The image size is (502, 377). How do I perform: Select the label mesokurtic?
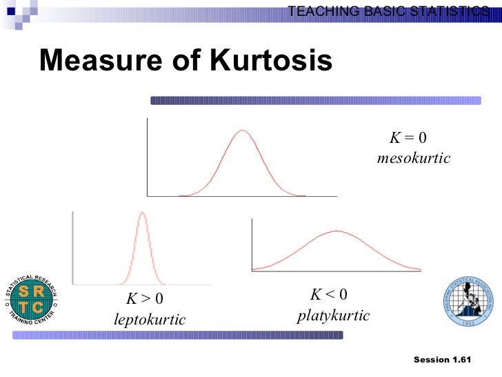[414, 159]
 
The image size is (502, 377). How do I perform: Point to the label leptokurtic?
[150, 320]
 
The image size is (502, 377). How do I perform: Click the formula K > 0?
[144, 300]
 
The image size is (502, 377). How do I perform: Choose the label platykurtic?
[334, 316]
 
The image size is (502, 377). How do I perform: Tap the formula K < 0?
[329, 296]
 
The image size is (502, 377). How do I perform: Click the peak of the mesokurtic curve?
[241, 131]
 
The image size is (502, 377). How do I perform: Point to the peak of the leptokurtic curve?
[142, 213]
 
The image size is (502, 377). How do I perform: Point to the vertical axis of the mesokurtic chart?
[147, 157]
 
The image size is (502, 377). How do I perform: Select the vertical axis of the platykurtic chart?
[252, 244]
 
